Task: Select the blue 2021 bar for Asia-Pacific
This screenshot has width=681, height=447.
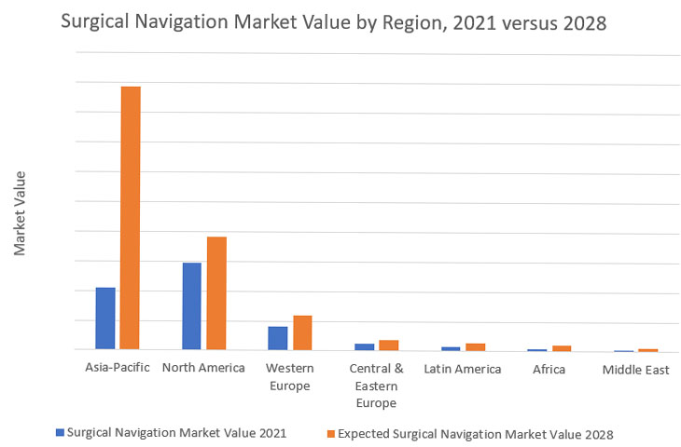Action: coord(105,318)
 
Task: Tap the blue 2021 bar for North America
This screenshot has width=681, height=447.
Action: coord(191,306)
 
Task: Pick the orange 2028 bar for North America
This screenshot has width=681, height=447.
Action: coord(216,293)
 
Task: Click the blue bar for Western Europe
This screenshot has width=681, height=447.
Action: coord(277,338)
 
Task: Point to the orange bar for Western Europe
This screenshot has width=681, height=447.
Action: coord(302,332)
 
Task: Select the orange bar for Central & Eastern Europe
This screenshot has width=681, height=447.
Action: coord(388,345)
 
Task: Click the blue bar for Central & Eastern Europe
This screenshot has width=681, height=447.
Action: coord(364,347)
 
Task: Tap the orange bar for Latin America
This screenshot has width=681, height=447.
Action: coord(476,346)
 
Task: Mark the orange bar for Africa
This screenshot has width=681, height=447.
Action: coord(562,348)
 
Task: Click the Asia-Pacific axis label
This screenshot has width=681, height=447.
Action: coord(118,368)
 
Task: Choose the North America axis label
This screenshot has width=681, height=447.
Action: coord(203,368)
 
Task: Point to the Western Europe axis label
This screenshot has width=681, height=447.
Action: coord(289,376)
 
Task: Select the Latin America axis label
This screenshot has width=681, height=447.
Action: coord(462,369)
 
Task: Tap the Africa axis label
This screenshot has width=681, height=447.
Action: coord(549,369)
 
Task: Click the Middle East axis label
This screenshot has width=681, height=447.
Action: coord(635,369)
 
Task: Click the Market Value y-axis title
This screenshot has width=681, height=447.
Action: coord(20,213)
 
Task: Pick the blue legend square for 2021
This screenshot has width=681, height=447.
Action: coord(61,433)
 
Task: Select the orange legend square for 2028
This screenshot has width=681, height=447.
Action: coord(330,433)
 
